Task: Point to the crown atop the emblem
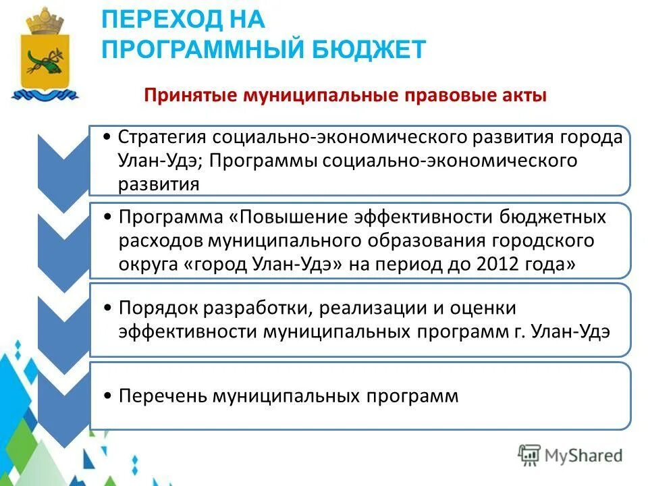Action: coord(45,20)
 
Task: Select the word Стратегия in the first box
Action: coord(163,138)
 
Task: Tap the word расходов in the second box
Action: coord(160,240)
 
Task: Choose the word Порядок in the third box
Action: coord(159,308)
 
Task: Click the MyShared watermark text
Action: coord(585,455)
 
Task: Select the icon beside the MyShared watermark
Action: coord(530,454)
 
